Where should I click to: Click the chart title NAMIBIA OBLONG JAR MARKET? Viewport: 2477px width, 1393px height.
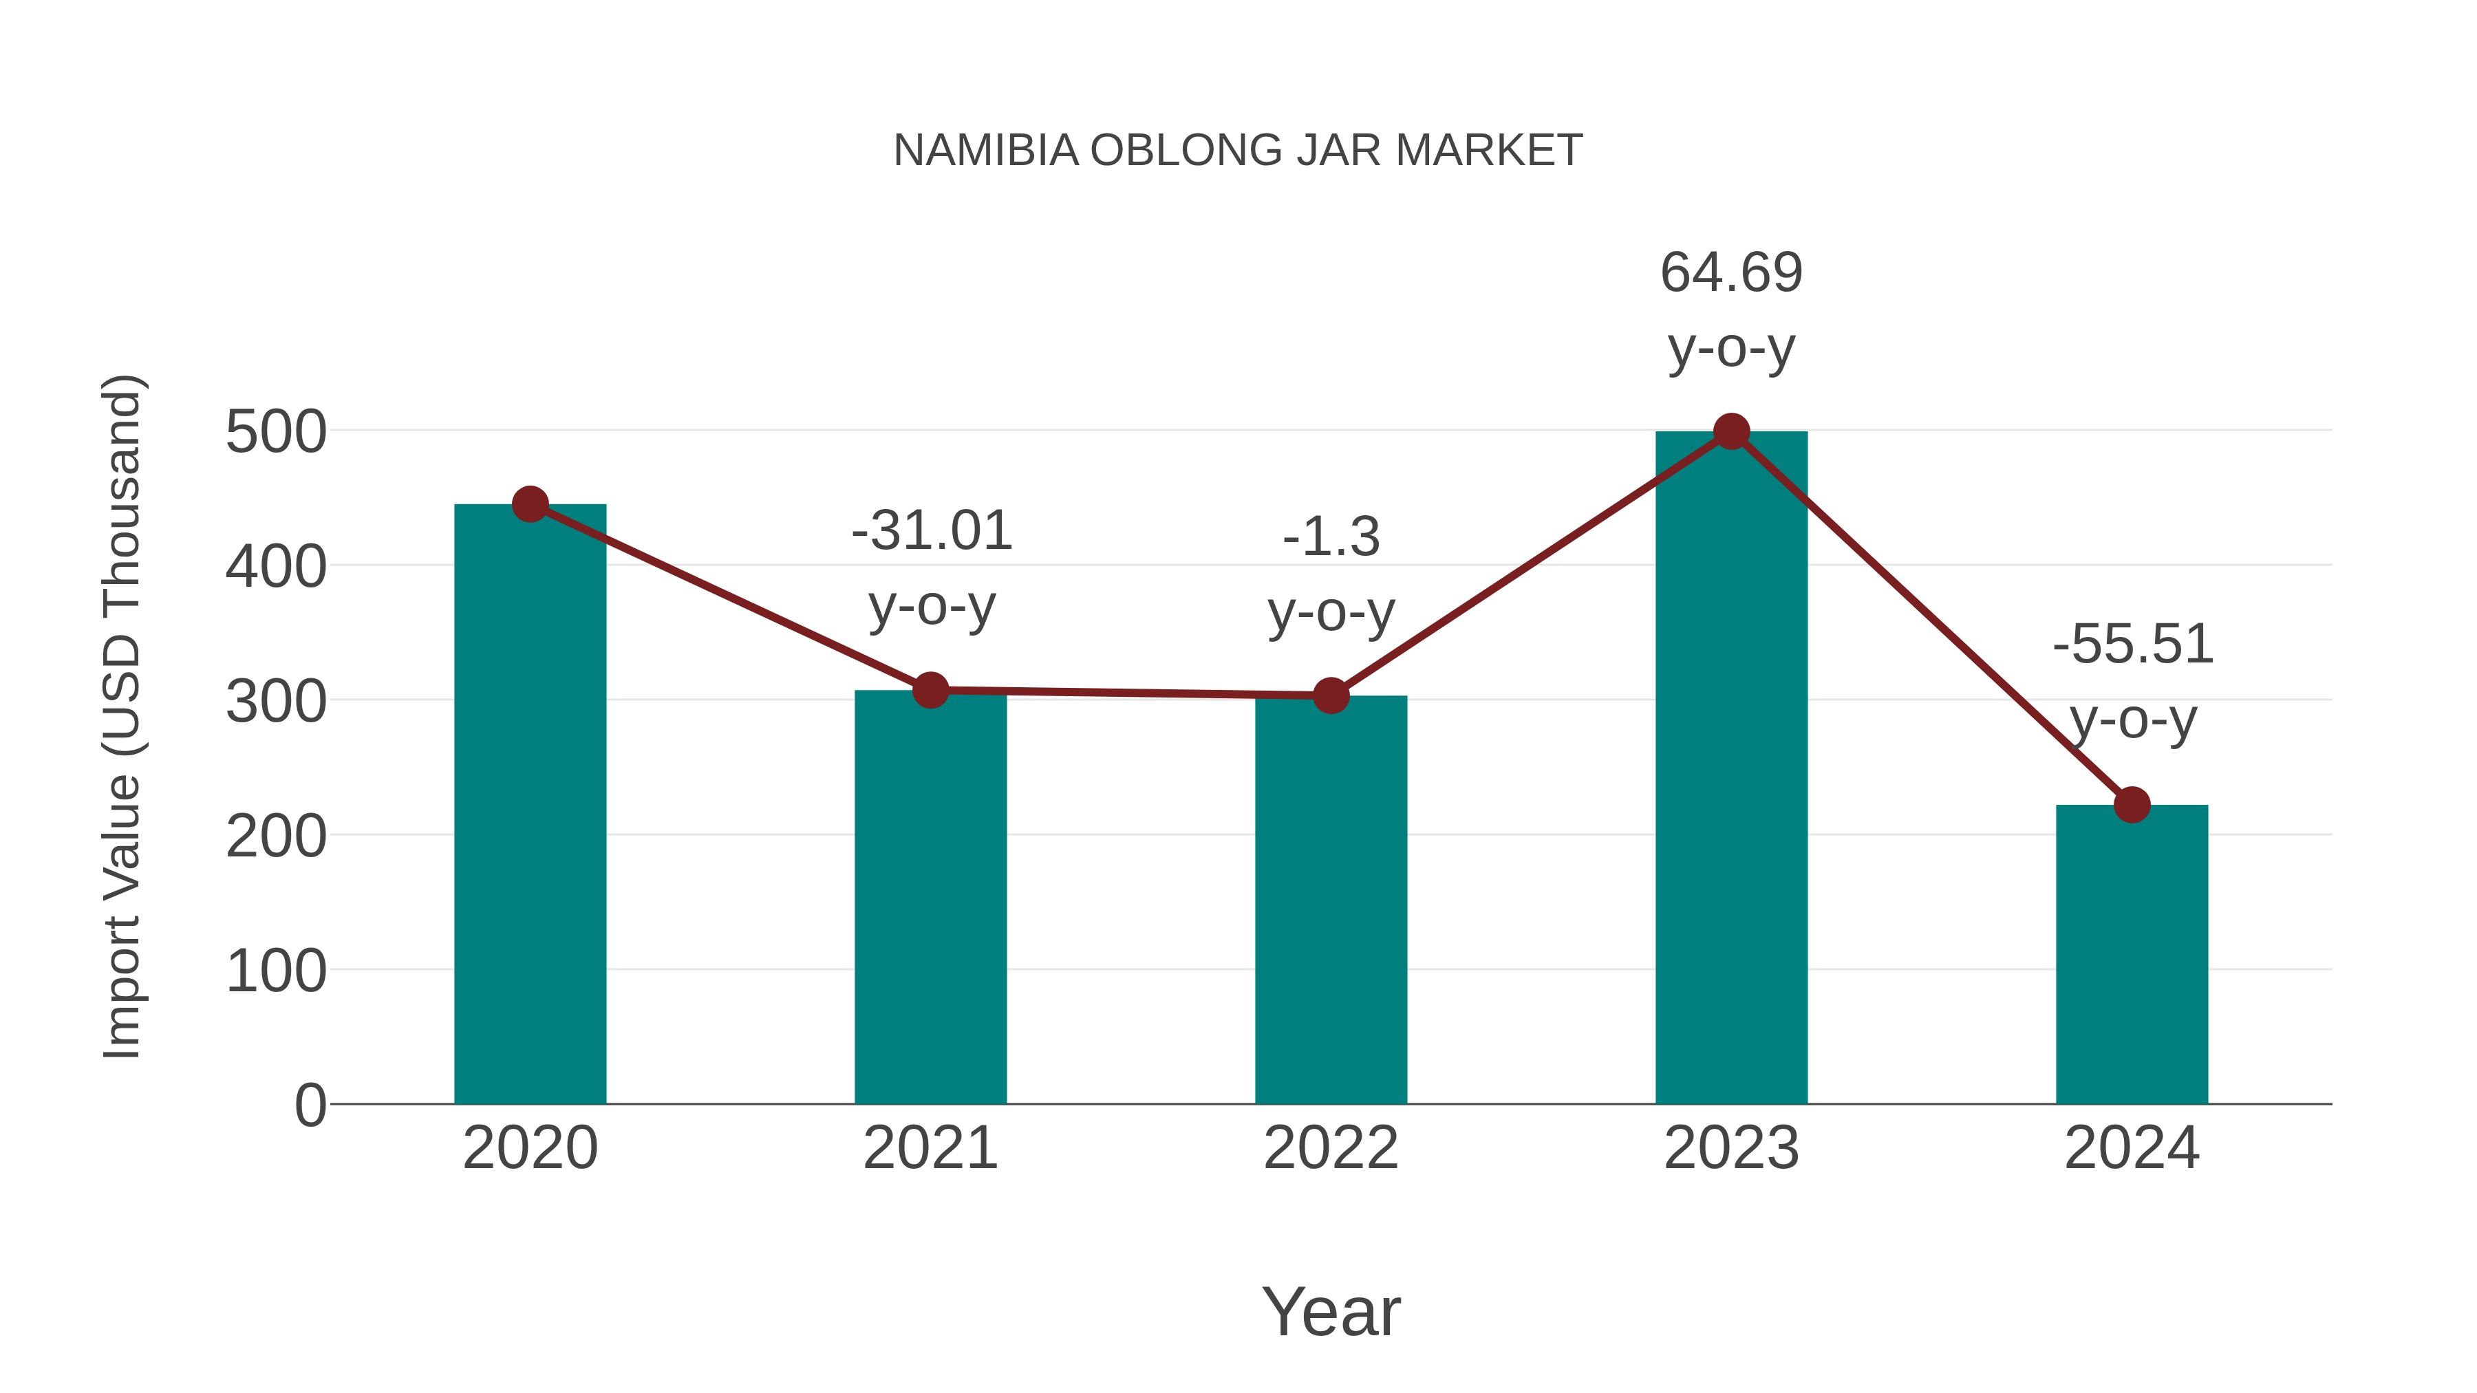(1238, 151)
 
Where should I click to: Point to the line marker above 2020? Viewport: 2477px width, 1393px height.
(530, 504)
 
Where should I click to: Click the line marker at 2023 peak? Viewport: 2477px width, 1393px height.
(1731, 431)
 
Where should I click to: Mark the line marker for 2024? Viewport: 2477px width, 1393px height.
(2132, 805)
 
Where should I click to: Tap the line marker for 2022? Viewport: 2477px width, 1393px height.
(1331, 695)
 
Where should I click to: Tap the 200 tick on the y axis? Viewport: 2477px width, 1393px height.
(275, 836)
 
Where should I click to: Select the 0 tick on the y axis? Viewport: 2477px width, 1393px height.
(310, 1105)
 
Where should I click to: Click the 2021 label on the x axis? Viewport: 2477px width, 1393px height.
(930, 1148)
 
